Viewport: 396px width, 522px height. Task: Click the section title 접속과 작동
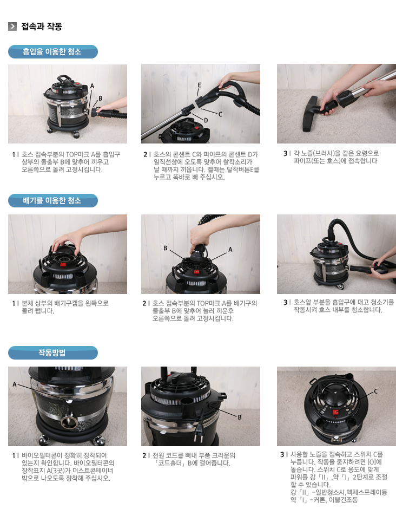[42, 27]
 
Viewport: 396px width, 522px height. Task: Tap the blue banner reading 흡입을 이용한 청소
[53, 51]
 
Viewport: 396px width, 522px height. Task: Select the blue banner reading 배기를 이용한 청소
[53, 200]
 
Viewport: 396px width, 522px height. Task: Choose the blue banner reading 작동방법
[53, 353]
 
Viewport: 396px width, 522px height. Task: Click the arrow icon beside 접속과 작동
[12, 27]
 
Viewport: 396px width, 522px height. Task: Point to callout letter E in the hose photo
[199, 85]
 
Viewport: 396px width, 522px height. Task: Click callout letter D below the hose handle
[206, 120]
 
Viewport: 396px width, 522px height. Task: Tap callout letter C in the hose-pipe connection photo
[220, 114]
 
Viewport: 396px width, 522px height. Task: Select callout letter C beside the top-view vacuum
[376, 391]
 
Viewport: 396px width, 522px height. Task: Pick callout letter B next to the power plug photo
[240, 417]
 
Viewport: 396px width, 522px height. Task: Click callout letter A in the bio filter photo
[14, 384]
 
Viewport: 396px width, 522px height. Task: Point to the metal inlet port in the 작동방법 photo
[69, 422]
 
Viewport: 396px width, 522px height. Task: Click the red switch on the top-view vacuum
[336, 412]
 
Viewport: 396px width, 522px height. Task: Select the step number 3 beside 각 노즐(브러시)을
[285, 153]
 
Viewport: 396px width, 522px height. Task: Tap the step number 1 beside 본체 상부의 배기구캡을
[14, 304]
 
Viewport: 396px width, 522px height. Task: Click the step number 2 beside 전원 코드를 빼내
[144, 455]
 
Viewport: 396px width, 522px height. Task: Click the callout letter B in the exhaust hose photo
[165, 249]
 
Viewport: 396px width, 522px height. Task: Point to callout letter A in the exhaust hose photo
[230, 249]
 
